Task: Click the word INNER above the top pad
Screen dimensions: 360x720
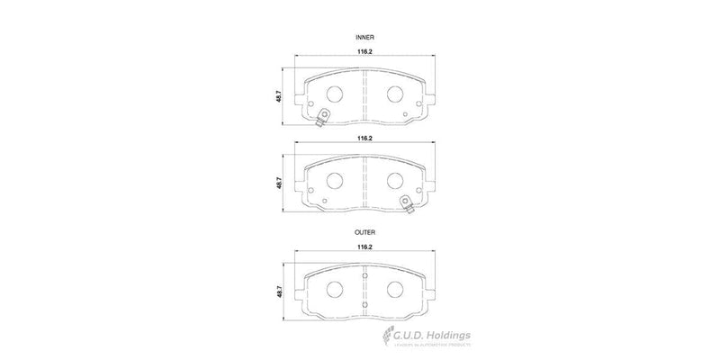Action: pos(364,37)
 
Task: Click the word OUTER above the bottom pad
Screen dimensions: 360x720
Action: pos(364,232)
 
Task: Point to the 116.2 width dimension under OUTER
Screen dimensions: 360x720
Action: pos(364,246)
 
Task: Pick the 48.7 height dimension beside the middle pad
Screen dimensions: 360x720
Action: pos(280,182)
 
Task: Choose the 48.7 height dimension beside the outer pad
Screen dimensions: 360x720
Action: pos(280,292)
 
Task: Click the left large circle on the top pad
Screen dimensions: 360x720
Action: pos(333,94)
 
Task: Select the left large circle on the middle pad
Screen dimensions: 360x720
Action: pos(333,180)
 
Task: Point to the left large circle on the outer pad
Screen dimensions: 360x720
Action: pos(333,290)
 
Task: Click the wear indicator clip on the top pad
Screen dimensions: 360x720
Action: pos(321,114)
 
